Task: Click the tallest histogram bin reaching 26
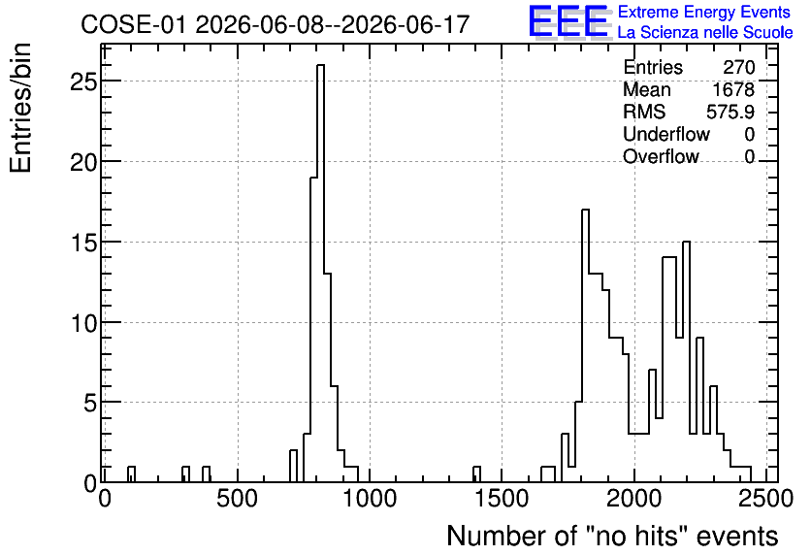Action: [x=321, y=273]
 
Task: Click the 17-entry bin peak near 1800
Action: [x=586, y=345]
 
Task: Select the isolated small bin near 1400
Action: [x=477, y=474]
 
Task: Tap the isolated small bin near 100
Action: [x=131, y=474]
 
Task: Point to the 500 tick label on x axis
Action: [x=237, y=499]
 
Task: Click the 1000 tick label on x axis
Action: [x=370, y=499]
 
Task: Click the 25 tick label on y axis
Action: [x=83, y=82]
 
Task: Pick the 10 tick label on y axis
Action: [x=83, y=322]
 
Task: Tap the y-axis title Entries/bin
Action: [x=20, y=108]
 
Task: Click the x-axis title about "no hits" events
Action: [x=612, y=537]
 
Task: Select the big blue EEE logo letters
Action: [x=568, y=21]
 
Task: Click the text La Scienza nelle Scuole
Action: [x=705, y=33]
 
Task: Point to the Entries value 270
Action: [x=739, y=67]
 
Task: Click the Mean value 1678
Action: [x=733, y=89]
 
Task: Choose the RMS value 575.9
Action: [x=730, y=112]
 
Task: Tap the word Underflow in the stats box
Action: [x=666, y=134]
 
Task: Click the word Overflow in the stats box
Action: [x=661, y=156]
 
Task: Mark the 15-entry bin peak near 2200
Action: [x=687, y=362]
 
